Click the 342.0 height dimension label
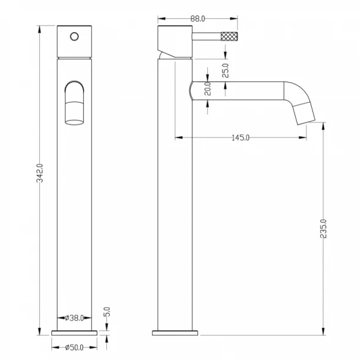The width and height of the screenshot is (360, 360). click(40, 173)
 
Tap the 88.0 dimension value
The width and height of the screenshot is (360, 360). click(197, 19)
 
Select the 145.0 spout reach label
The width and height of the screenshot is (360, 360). click(240, 138)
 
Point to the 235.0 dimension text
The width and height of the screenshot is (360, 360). click(323, 229)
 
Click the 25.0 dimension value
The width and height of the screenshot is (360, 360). click(226, 70)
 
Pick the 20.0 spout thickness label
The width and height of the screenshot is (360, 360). click(208, 89)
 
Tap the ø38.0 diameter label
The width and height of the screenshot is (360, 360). click(75, 318)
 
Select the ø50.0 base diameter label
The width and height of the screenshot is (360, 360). click(74, 347)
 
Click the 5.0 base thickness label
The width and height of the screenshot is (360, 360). click(107, 312)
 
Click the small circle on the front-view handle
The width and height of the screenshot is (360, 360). click(75, 37)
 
